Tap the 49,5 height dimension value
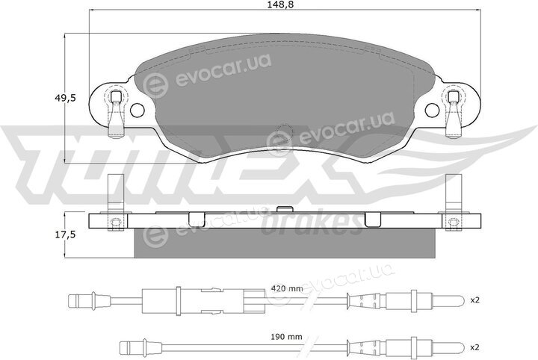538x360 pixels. (x=65, y=99)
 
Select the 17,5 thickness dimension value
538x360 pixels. (x=65, y=235)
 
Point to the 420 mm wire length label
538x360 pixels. (x=286, y=289)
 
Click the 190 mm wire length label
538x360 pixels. (x=286, y=337)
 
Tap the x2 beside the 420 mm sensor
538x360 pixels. (x=474, y=300)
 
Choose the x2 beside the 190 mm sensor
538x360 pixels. (x=474, y=347)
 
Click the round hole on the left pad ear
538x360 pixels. (x=137, y=110)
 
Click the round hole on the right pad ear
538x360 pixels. (x=432, y=110)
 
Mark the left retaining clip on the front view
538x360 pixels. (x=116, y=113)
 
